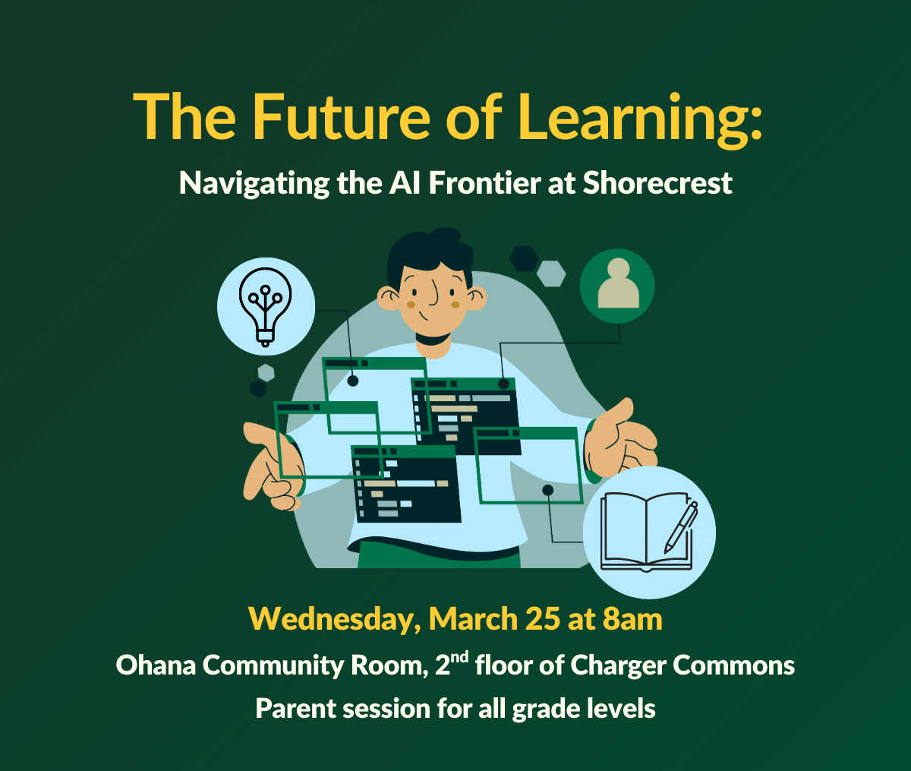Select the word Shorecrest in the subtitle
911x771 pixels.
pos(657,183)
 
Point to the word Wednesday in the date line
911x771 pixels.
pos(333,620)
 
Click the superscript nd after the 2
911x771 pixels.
pos(460,657)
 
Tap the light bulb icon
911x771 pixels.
pos(265,307)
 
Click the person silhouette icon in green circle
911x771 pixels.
pos(618,283)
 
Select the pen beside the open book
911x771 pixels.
pos(681,527)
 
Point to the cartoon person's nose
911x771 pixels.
pos(433,293)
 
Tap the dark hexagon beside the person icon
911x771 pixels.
pos(524,258)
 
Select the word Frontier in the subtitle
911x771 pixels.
pos(484,183)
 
